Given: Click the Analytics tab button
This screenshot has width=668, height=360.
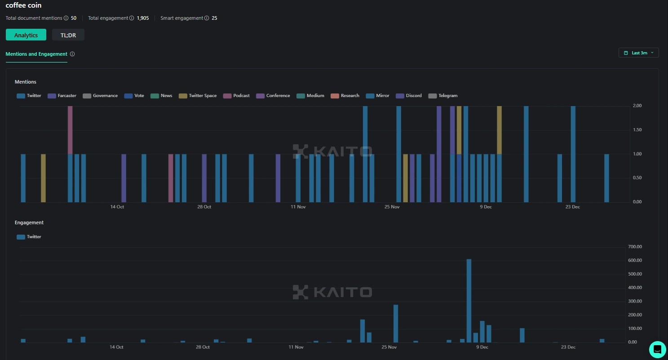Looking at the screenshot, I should [26, 35].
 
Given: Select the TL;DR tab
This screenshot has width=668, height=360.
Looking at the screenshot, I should [68, 35].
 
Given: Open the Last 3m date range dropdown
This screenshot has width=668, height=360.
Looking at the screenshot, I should [638, 53].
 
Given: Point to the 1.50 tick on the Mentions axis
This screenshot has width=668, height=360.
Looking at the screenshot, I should [637, 130].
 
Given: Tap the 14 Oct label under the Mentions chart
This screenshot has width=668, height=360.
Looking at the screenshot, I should [117, 207].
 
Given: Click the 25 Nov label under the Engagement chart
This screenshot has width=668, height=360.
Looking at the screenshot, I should [389, 347].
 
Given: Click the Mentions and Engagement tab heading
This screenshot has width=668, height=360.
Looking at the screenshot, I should [36, 54].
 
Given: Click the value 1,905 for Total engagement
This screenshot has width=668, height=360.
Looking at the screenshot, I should [143, 18].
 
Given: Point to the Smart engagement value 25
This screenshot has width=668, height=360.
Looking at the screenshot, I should [214, 18].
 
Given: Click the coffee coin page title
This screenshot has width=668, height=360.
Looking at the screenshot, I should [23, 5].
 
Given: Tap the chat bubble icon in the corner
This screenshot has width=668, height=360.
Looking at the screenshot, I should [657, 349].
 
